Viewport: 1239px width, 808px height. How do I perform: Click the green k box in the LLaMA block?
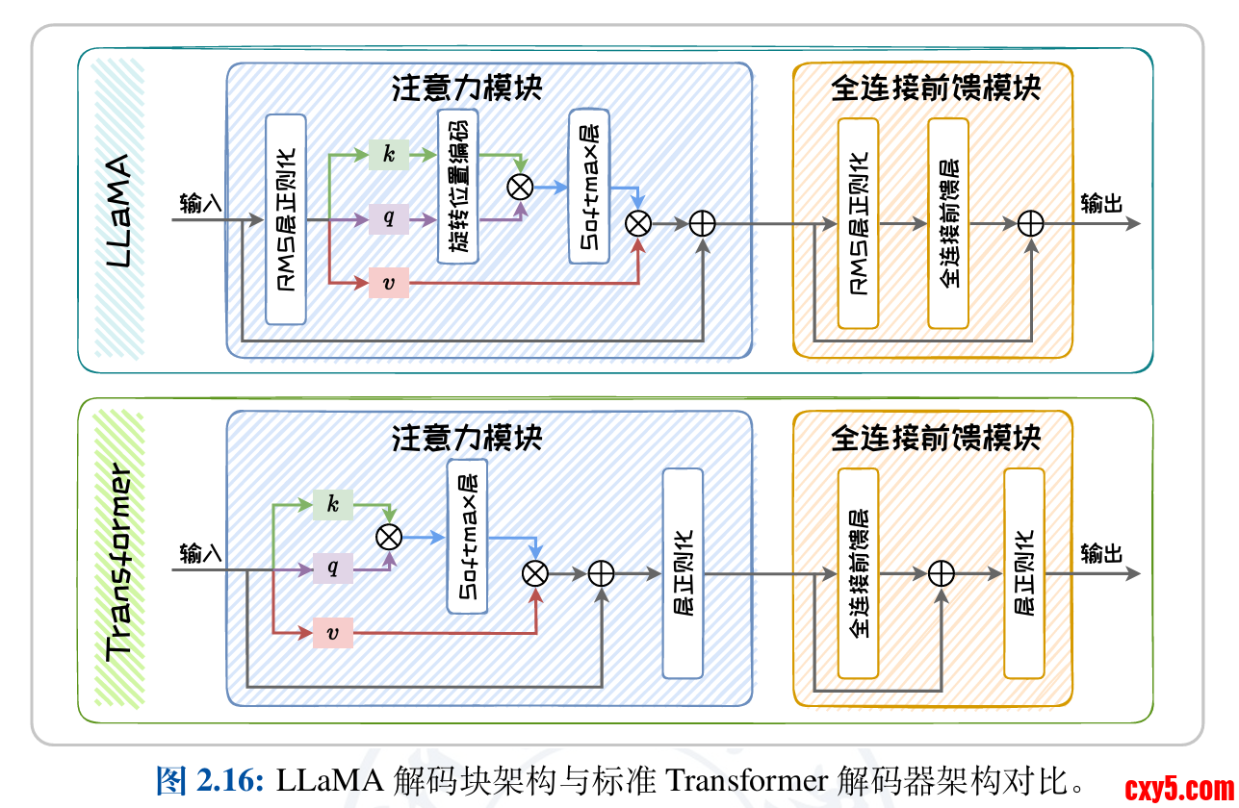389,154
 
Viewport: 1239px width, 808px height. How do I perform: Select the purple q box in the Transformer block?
333,568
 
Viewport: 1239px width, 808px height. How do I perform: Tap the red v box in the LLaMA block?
389,283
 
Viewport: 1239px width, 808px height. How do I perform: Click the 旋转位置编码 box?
458,186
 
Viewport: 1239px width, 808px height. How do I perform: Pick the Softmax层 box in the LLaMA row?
589,186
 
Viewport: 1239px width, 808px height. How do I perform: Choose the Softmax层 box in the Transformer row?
467,536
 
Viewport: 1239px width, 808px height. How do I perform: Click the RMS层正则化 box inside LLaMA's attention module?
286,219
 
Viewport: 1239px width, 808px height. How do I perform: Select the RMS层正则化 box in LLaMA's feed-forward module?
858,223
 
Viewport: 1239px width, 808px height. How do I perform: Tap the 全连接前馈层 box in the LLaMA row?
948,223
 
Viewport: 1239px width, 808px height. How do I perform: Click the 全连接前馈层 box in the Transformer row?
858,573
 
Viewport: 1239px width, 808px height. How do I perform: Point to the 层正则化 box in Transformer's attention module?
683,573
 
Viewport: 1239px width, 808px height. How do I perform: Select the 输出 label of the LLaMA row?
1101,204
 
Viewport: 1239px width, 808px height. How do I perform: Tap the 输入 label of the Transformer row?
200,553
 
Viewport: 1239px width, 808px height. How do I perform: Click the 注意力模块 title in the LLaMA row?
468,88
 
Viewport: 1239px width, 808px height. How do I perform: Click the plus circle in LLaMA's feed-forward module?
1031,223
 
